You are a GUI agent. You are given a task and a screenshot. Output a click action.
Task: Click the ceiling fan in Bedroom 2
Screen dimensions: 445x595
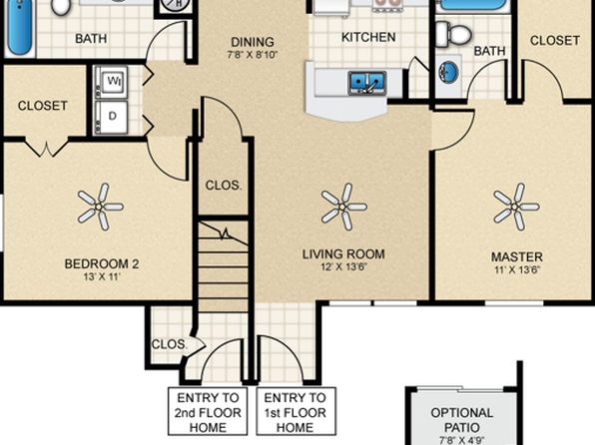(x=100, y=208)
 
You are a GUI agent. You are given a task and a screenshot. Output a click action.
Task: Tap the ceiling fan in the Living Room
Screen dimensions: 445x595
(x=343, y=208)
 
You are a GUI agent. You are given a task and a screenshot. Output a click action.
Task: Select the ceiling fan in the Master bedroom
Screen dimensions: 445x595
(x=515, y=208)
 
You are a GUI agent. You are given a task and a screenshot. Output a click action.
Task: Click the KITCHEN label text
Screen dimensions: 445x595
(x=368, y=37)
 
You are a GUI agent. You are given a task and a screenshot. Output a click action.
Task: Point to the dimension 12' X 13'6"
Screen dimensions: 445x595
(x=343, y=268)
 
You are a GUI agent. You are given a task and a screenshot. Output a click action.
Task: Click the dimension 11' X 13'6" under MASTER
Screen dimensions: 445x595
(x=516, y=268)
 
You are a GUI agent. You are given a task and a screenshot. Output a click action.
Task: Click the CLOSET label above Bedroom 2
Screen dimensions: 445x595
(x=42, y=105)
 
